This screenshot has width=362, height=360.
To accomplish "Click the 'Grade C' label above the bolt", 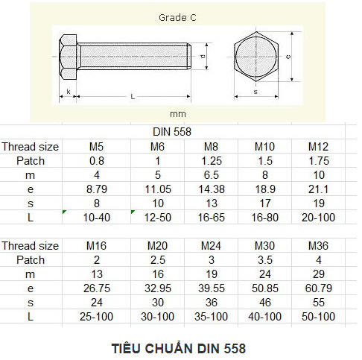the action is click(177, 18).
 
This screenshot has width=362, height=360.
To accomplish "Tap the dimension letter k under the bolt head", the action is click(69, 92).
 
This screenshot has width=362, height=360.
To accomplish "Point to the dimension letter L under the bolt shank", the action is click(133, 96).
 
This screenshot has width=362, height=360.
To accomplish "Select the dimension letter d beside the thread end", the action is click(203, 57).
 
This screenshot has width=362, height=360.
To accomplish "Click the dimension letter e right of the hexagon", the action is click(288, 57).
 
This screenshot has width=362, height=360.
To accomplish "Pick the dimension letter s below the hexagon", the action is click(255, 92).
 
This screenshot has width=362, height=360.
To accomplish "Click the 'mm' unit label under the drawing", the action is click(178, 114).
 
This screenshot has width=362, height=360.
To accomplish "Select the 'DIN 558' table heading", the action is click(172, 132).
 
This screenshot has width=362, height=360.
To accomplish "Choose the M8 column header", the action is click(211, 147).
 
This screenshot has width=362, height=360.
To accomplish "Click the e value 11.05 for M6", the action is click(158, 189).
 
